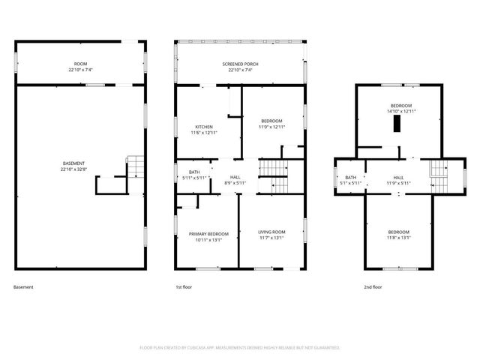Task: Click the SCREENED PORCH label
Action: [x=240, y=64]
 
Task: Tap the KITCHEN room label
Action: [x=204, y=127]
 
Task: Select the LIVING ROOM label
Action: [x=271, y=232]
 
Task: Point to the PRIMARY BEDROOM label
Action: [x=208, y=235]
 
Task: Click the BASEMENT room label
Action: [x=73, y=163]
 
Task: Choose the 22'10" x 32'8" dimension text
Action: [x=73, y=169]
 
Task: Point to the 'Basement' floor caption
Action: [x=23, y=287]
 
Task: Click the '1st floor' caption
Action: [x=184, y=287]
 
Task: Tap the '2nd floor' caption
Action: [x=373, y=287]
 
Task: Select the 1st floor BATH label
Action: [x=194, y=173]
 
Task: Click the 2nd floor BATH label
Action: [x=350, y=177]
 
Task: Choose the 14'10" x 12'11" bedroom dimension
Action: [x=400, y=111]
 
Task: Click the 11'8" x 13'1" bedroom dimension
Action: [x=398, y=237]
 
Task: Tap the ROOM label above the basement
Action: [x=79, y=64]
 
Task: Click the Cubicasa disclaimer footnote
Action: [x=240, y=348]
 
